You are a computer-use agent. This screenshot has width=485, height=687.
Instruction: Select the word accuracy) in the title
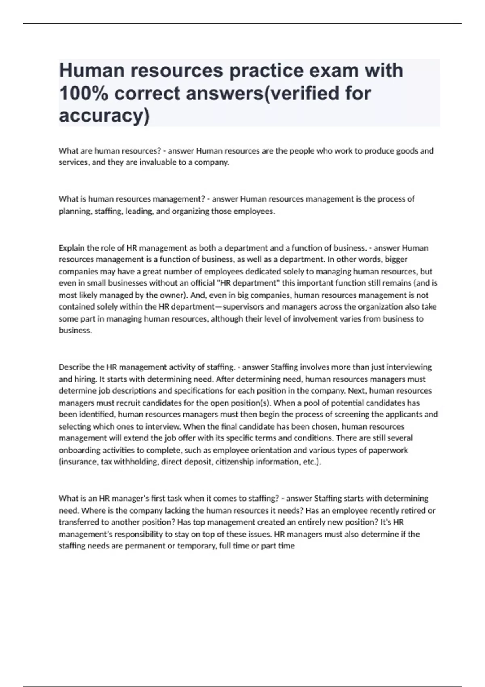104,116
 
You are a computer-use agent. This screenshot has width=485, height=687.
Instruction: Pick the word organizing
190,211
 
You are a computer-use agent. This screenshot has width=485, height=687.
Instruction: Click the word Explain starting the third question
72,248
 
